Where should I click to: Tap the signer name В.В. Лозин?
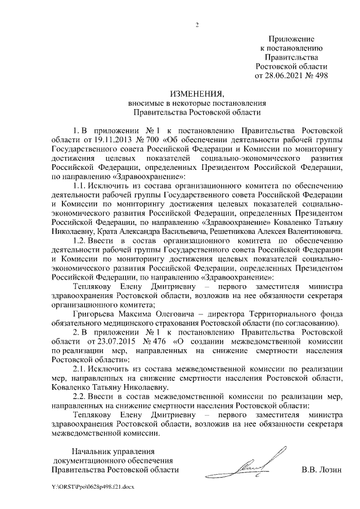point(321,470)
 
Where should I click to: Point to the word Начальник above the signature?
point(94,451)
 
